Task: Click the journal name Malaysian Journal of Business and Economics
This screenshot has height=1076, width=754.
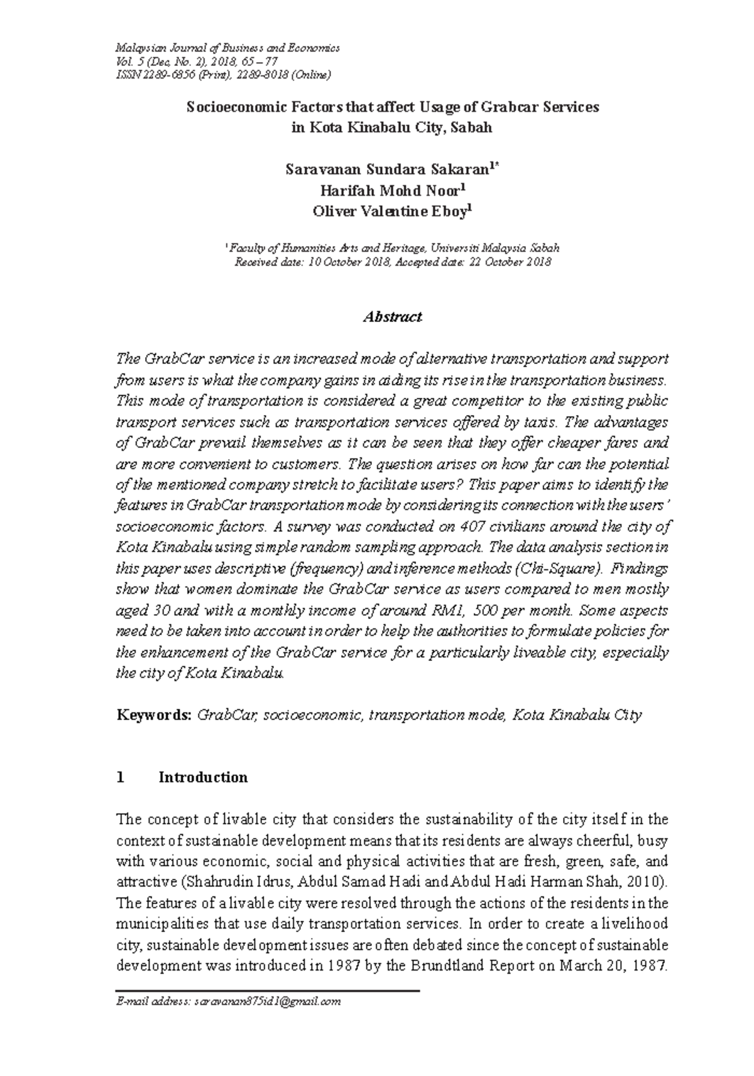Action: [224, 48]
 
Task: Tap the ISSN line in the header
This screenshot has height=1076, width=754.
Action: [222, 75]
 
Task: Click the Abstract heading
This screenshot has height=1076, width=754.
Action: [393, 317]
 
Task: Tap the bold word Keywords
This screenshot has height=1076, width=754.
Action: [154, 715]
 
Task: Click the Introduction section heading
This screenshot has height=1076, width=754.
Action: [203, 778]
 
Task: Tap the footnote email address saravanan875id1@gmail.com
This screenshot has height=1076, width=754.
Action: [268, 1002]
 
